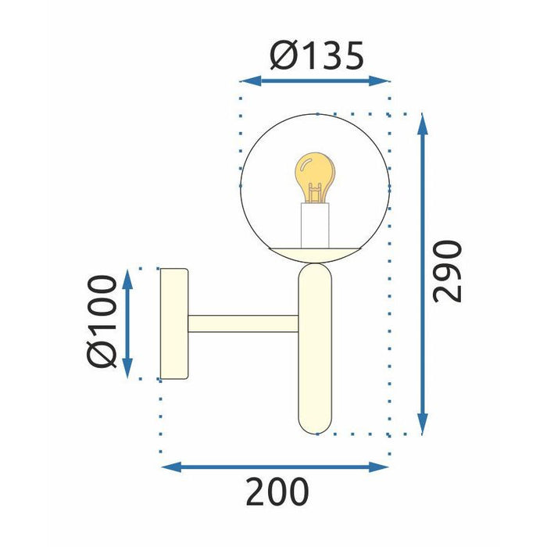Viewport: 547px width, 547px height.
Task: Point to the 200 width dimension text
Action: pyautogui.click(x=277, y=491)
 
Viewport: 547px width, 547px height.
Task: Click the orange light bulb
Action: pyautogui.click(x=315, y=177)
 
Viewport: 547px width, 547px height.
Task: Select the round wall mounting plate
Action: pyautogui.click(x=173, y=324)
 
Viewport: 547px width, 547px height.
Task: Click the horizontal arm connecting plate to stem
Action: pyautogui.click(x=243, y=323)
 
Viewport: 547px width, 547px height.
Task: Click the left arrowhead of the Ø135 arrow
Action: pyautogui.click(x=245, y=80)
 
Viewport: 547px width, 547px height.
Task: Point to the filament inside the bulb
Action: pyautogui.click(x=315, y=191)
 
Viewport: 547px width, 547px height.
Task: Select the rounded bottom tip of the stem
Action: pyautogui.click(x=316, y=429)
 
